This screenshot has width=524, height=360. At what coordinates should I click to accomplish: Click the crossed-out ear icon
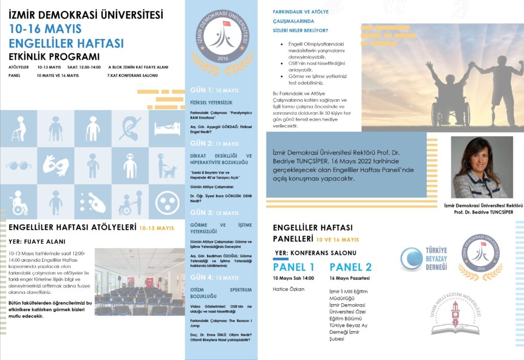pyautogui.click(x=129, y=128)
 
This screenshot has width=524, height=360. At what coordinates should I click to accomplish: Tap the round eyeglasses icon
pyautogui.click(x=19, y=165)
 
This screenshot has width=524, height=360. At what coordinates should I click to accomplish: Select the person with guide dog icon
pyautogui.click(x=167, y=165)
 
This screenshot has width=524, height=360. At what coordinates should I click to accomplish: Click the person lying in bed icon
pyautogui.click(x=167, y=128)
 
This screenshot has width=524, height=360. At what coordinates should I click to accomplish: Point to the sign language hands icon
pyautogui.click(x=56, y=165)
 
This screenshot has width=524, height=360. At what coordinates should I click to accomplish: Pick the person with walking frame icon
pyautogui.click(x=19, y=128)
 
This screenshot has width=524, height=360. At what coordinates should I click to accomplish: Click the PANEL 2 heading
pyautogui.click(x=351, y=267)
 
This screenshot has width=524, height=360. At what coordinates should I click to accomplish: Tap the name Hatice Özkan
pyautogui.click(x=289, y=289)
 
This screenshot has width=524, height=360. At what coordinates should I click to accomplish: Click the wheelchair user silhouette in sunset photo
pyautogui.click(x=449, y=97)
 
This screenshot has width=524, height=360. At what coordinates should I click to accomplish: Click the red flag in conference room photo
pyautogui.click(x=149, y=282)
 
